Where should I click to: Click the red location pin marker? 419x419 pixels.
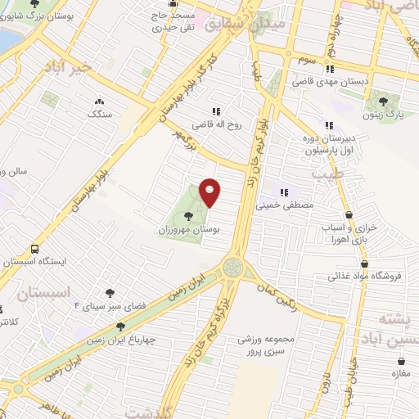[210, 192]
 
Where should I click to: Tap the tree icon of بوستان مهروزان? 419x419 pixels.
[190, 216]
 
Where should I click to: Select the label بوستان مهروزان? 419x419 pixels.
[190, 231]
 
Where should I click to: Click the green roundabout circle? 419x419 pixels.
[233, 268]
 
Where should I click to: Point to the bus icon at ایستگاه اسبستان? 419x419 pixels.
[35, 249]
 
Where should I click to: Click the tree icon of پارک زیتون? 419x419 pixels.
[381, 101]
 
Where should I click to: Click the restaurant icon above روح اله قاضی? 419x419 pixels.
[216, 111]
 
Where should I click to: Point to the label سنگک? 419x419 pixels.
[100, 114]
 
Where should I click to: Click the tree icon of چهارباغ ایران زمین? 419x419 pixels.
[120, 327]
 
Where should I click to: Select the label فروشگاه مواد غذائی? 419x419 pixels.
[367, 276]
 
